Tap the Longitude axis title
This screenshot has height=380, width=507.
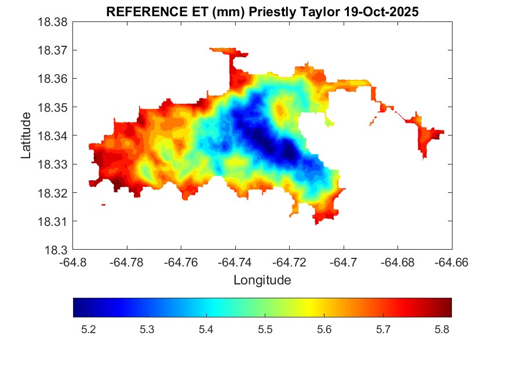[x=262, y=280]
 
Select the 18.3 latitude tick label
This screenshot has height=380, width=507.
[x=58, y=250]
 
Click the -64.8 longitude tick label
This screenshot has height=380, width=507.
[x=73, y=262]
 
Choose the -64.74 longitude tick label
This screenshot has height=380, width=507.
[x=235, y=262]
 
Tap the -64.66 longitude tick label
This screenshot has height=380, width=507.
[x=452, y=262]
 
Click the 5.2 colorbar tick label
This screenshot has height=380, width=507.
[x=88, y=330]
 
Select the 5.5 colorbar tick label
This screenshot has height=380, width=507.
[x=265, y=330]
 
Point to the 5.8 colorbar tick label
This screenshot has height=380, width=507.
[x=442, y=330]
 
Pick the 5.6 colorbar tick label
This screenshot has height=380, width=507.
[x=324, y=330]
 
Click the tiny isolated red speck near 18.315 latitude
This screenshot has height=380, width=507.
[x=103, y=204]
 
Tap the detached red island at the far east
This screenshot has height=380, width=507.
[x=428, y=138]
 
